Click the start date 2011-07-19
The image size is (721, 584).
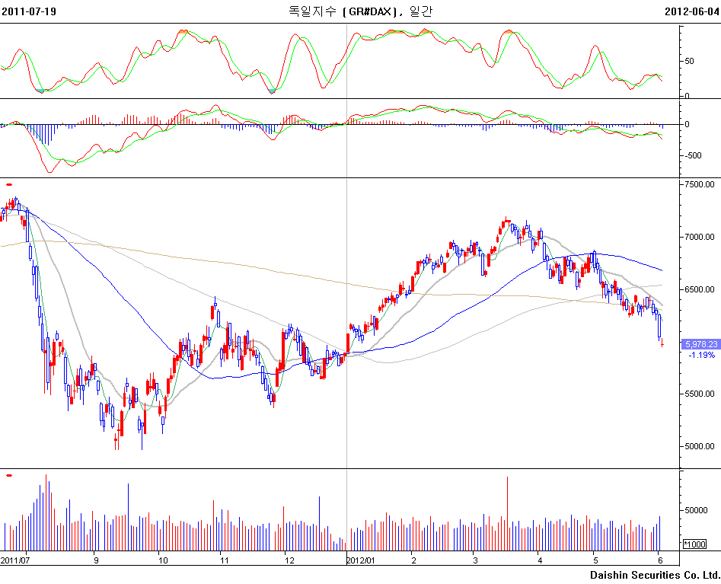point(29,11)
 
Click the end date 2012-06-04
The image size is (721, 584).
point(691,11)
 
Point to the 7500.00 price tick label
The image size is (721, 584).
point(699,184)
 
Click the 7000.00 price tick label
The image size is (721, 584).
point(699,237)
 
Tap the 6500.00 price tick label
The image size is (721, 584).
point(699,289)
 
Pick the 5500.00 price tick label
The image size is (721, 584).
point(699,394)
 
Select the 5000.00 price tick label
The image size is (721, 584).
point(699,446)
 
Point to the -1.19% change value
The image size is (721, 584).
point(701,355)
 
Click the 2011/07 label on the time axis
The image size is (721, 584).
point(14,560)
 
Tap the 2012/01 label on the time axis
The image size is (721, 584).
point(360,560)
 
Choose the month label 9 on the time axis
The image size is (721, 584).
point(96,560)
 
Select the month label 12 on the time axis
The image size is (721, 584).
point(289,560)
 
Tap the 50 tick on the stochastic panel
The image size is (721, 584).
point(689,61)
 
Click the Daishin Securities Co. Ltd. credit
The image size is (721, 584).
point(654,575)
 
